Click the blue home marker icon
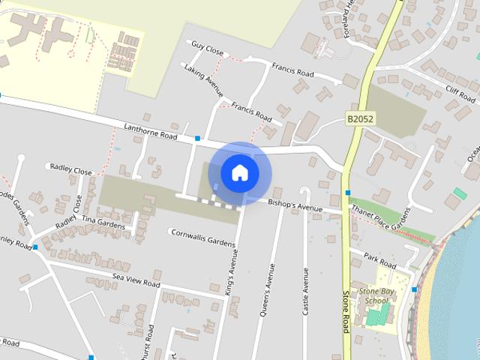[x=239, y=172]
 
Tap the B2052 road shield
[x=360, y=118]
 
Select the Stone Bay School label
[x=373, y=295]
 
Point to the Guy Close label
[x=207, y=49]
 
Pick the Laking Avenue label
[x=202, y=80]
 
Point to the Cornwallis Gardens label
[x=202, y=241]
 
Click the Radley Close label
[x=71, y=169]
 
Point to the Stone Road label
[x=346, y=311]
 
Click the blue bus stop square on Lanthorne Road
[x=197, y=138]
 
